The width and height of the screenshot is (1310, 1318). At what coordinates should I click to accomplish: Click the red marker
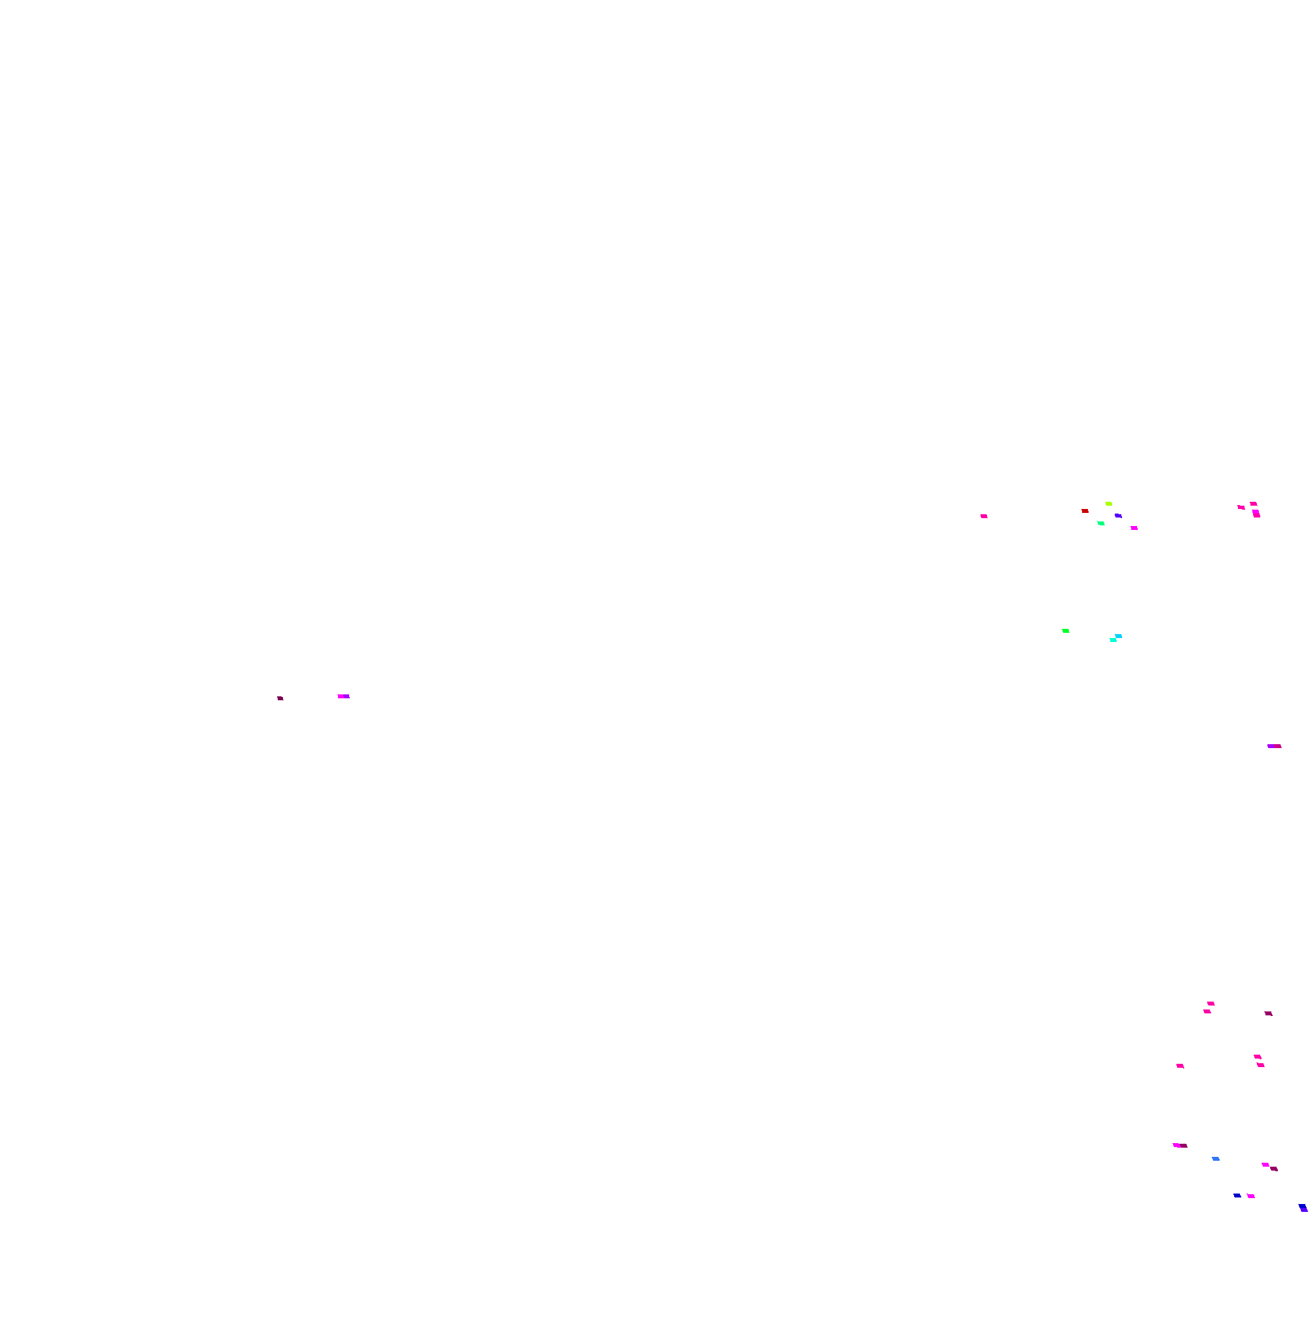pos(1085,511)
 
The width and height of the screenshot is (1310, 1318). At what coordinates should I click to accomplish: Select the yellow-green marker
pos(1109,504)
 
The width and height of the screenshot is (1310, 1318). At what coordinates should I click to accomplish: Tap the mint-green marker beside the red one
pos(1100,523)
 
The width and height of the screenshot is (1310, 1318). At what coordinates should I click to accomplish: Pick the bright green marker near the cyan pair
pos(1066,631)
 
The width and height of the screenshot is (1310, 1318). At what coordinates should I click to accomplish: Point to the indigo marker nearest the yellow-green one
pos(1118,516)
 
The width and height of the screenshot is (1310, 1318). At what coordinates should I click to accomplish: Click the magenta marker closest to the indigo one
pos(1134,528)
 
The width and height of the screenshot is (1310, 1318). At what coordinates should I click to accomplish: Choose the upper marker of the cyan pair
pos(1118,636)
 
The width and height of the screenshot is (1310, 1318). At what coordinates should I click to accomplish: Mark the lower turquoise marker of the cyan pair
pos(1113,640)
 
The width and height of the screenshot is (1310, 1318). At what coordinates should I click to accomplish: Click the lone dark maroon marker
pos(280,698)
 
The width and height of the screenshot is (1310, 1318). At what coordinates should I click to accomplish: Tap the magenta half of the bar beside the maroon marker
pos(341,696)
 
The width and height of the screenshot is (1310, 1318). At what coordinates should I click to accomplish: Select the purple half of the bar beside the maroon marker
pos(346,696)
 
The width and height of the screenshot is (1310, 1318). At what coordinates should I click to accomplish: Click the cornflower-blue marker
pos(1216,1159)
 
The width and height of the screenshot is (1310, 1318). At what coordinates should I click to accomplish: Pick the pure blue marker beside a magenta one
pos(1237,1196)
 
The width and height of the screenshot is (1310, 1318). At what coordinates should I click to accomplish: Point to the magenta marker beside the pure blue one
pos(1250,1196)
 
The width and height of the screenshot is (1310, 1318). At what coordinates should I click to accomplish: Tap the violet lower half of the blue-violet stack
pos(1305,1209)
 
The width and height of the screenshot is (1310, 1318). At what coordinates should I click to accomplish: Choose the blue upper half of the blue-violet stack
pos(1303,1206)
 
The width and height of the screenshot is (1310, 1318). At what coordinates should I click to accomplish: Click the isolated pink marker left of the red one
pos(984,516)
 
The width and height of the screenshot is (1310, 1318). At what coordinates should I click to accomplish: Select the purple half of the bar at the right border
pos(1271,746)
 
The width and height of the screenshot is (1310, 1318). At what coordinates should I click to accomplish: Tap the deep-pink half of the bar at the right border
pos(1277,746)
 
